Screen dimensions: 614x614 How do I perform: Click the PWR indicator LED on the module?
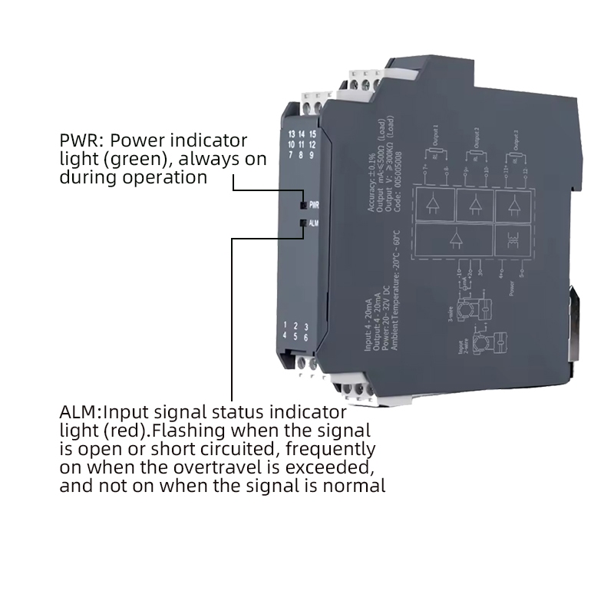(x=304, y=206)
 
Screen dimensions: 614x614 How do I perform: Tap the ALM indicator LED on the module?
(x=304, y=223)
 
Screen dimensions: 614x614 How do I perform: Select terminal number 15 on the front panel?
(x=312, y=135)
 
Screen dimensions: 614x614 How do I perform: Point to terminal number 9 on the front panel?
(x=312, y=155)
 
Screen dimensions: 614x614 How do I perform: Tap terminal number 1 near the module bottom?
(x=286, y=326)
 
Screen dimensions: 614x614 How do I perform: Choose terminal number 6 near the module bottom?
(x=306, y=337)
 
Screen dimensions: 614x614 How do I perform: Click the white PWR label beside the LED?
(x=314, y=206)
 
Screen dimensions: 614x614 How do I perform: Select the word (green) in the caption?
(x=156, y=160)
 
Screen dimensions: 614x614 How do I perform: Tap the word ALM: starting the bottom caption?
(x=81, y=411)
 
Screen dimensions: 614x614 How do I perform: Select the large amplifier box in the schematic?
(x=454, y=240)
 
